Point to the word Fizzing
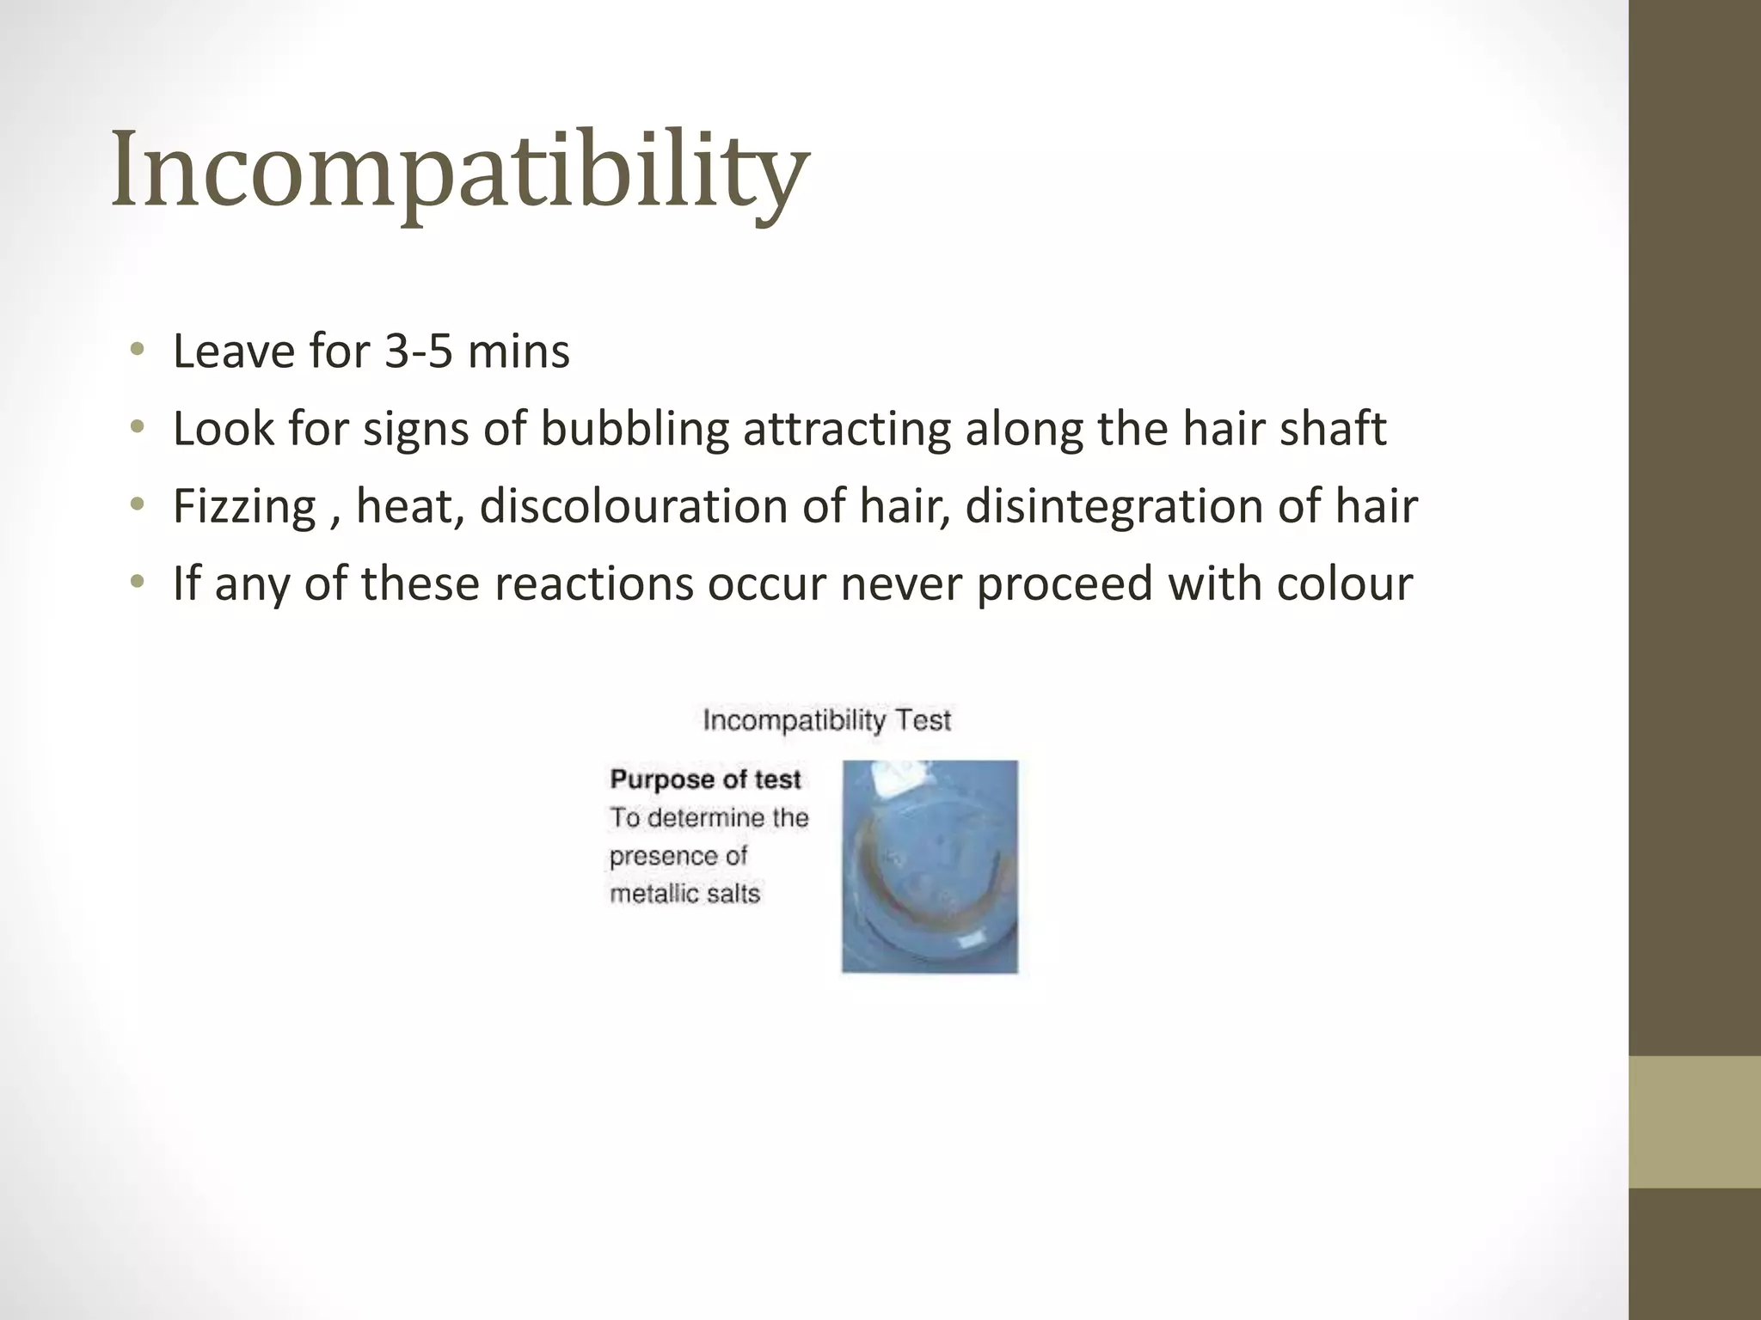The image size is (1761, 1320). (244, 506)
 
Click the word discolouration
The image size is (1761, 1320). (634, 506)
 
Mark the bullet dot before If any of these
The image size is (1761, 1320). (137, 582)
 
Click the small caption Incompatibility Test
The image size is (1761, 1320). (826, 720)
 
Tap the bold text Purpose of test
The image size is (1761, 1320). (705, 779)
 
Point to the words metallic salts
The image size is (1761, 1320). (685, 894)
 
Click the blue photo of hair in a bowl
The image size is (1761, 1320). (930, 866)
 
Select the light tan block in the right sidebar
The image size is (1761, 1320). (1695, 1121)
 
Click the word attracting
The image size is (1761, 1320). (847, 429)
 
